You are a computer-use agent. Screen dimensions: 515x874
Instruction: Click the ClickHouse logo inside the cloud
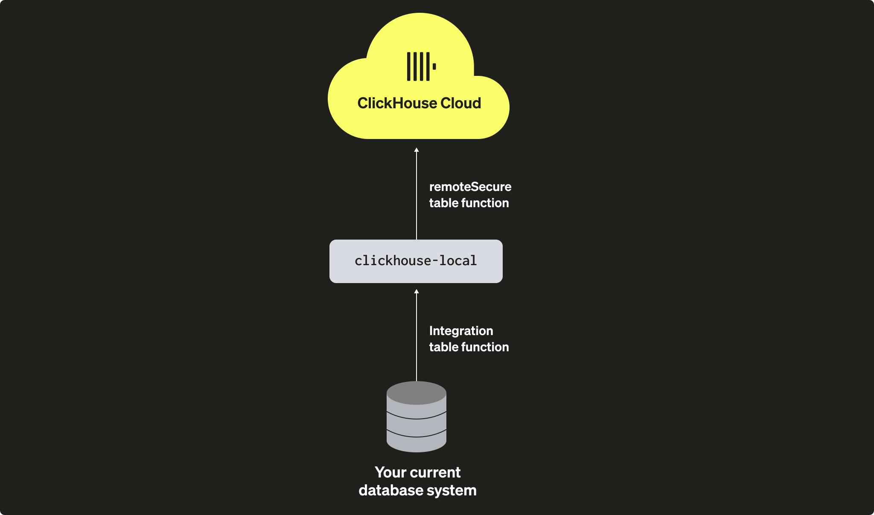(421, 67)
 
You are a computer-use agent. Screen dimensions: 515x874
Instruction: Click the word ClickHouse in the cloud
(397, 103)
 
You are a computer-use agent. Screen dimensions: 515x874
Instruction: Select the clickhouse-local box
(416, 261)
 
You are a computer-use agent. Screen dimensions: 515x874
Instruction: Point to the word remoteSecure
(470, 187)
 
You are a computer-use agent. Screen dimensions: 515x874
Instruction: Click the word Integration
(461, 331)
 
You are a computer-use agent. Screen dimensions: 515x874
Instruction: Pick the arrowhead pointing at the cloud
(417, 150)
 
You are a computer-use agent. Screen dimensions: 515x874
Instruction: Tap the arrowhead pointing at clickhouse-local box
(417, 292)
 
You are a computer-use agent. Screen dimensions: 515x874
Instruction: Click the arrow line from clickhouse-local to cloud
(417, 196)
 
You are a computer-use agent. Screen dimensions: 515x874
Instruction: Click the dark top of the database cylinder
(416, 393)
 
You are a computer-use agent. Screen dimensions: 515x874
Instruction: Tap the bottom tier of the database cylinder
(416, 443)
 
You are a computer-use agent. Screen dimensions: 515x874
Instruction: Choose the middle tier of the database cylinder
(416, 427)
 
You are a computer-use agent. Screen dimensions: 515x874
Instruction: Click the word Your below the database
(390, 472)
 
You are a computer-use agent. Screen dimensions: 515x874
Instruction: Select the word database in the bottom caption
(390, 490)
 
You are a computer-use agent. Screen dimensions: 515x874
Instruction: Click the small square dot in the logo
(434, 67)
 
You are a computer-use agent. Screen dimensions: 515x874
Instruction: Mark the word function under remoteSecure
(485, 203)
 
